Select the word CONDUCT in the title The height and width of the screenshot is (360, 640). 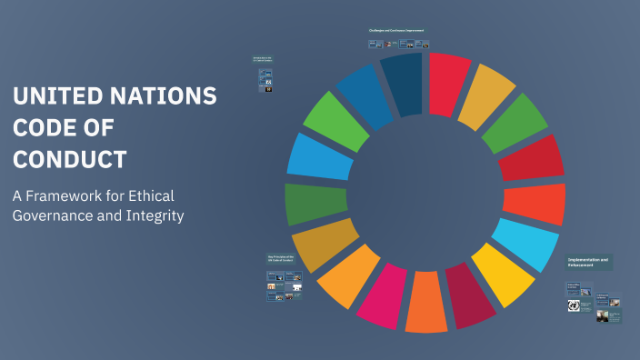[x=69, y=159]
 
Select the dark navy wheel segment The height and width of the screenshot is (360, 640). [x=402, y=84]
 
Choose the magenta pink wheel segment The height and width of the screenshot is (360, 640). [x=385, y=295]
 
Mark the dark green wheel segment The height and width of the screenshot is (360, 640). [x=315, y=203]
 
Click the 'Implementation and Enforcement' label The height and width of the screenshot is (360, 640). [x=589, y=262]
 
